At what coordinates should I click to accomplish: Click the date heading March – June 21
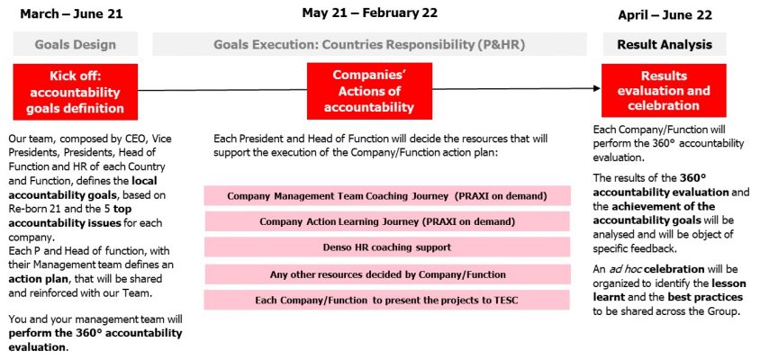click(71, 13)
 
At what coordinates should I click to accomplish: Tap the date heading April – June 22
click(665, 15)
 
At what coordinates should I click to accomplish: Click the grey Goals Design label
click(76, 44)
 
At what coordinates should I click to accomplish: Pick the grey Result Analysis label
click(665, 44)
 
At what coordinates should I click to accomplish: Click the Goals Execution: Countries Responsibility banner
click(369, 44)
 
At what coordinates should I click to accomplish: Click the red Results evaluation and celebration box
click(664, 91)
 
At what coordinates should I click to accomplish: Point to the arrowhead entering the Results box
click(597, 88)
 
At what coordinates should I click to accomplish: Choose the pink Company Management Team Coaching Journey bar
click(387, 195)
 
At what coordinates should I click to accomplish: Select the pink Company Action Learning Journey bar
click(387, 221)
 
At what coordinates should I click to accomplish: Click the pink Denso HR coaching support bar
click(387, 247)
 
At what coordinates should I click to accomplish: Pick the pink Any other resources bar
click(387, 274)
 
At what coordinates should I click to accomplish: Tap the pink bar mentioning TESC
click(387, 300)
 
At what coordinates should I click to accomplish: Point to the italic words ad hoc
click(628, 269)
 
